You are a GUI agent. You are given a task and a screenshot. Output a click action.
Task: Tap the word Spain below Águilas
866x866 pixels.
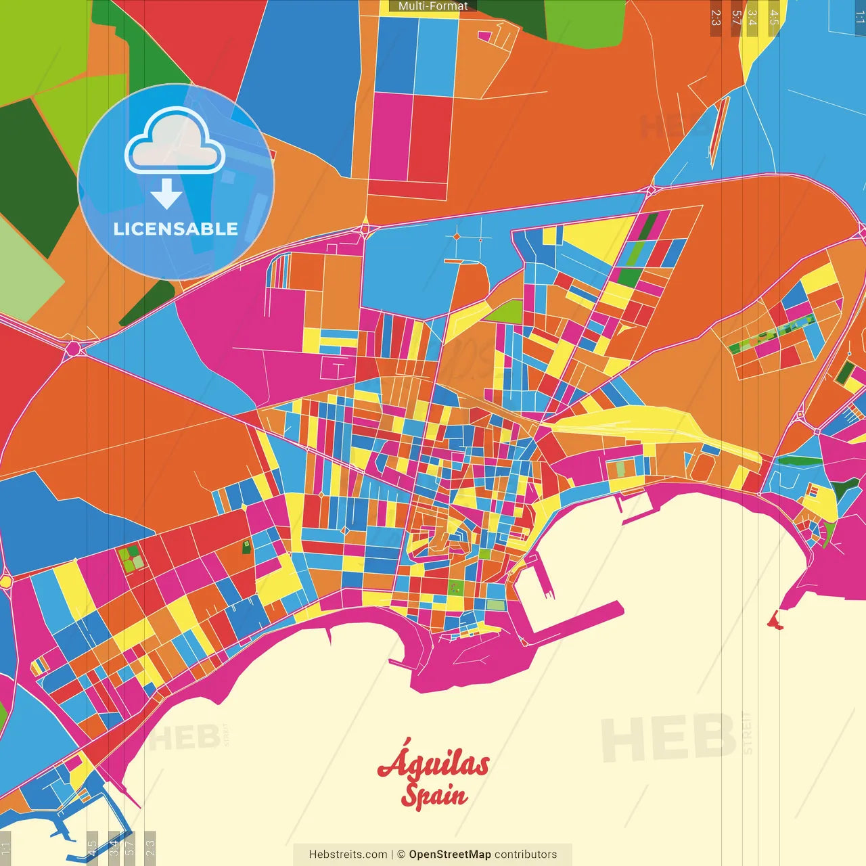coord(434,795)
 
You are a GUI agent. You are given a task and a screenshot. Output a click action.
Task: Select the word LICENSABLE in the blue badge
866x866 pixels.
coord(176,229)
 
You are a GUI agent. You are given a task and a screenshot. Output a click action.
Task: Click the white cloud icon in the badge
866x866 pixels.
coord(175,141)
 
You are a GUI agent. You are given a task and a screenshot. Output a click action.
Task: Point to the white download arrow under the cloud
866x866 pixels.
coord(166,195)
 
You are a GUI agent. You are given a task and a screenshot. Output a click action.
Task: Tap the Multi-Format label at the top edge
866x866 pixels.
coord(433,6)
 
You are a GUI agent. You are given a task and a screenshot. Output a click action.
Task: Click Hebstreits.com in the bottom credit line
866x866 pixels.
coord(348,854)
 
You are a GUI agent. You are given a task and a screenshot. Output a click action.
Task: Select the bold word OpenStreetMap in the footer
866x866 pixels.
coord(450,854)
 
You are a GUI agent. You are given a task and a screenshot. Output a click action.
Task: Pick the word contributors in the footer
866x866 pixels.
coord(526,854)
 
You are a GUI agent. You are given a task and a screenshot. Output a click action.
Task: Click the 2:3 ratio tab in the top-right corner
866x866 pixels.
coord(716,18)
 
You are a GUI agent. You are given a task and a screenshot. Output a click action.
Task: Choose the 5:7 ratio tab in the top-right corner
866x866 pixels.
coord(736,18)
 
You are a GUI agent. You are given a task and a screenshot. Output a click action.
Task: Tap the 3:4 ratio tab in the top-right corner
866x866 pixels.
coord(752,18)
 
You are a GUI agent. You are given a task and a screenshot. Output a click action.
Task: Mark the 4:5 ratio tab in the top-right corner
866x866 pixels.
coord(774,18)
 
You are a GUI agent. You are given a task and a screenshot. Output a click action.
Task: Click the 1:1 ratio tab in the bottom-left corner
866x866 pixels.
coord(6,848)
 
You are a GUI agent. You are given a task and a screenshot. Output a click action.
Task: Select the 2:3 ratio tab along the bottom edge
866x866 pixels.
coord(150,848)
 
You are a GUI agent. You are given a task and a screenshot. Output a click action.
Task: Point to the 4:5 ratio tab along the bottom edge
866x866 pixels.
coord(92,848)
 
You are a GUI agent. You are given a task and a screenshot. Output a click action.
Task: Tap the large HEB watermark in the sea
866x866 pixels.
coord(668,737)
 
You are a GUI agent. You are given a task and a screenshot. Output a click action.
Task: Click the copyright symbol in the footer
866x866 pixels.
coord(401,854)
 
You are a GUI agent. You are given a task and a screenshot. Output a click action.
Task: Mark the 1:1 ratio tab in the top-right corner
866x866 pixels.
coord(859,18)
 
